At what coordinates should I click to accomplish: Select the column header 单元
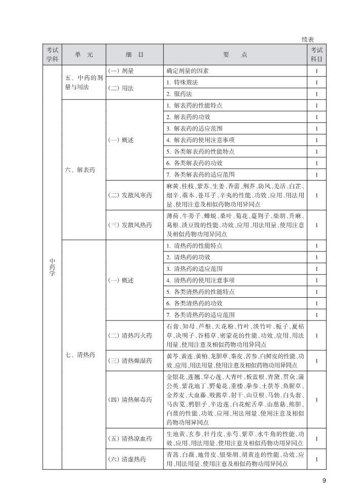tap(83, 55)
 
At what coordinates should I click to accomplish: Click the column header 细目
tap(134, 55)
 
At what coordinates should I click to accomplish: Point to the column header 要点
tap(235, 55)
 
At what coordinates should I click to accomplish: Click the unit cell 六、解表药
tap(80, 169)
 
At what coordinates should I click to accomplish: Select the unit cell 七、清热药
tap(80, 354)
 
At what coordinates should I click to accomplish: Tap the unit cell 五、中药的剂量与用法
tap(84, 83)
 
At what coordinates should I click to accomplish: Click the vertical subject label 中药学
tap(52, 267)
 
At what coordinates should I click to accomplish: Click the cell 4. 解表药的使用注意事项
tap(200, 140)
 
